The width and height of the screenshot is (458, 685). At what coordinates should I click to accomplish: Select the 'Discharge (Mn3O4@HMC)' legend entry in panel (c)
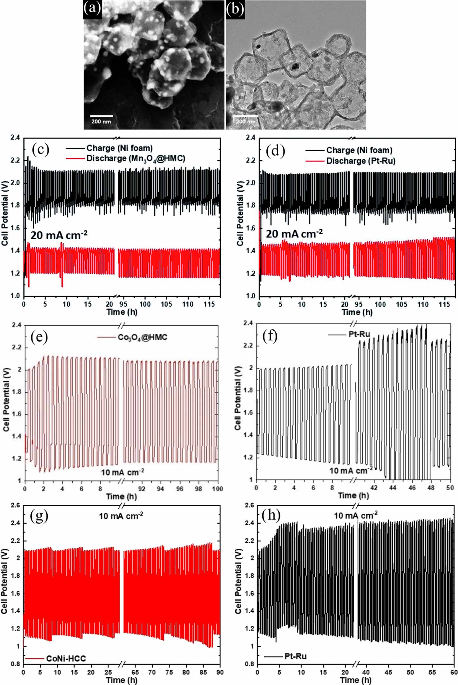135,159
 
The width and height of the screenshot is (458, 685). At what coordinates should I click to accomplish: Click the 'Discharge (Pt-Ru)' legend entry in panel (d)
361,161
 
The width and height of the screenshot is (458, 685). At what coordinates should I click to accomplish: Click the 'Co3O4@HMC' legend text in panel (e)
142,337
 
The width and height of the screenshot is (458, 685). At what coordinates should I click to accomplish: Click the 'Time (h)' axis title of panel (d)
357,312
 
